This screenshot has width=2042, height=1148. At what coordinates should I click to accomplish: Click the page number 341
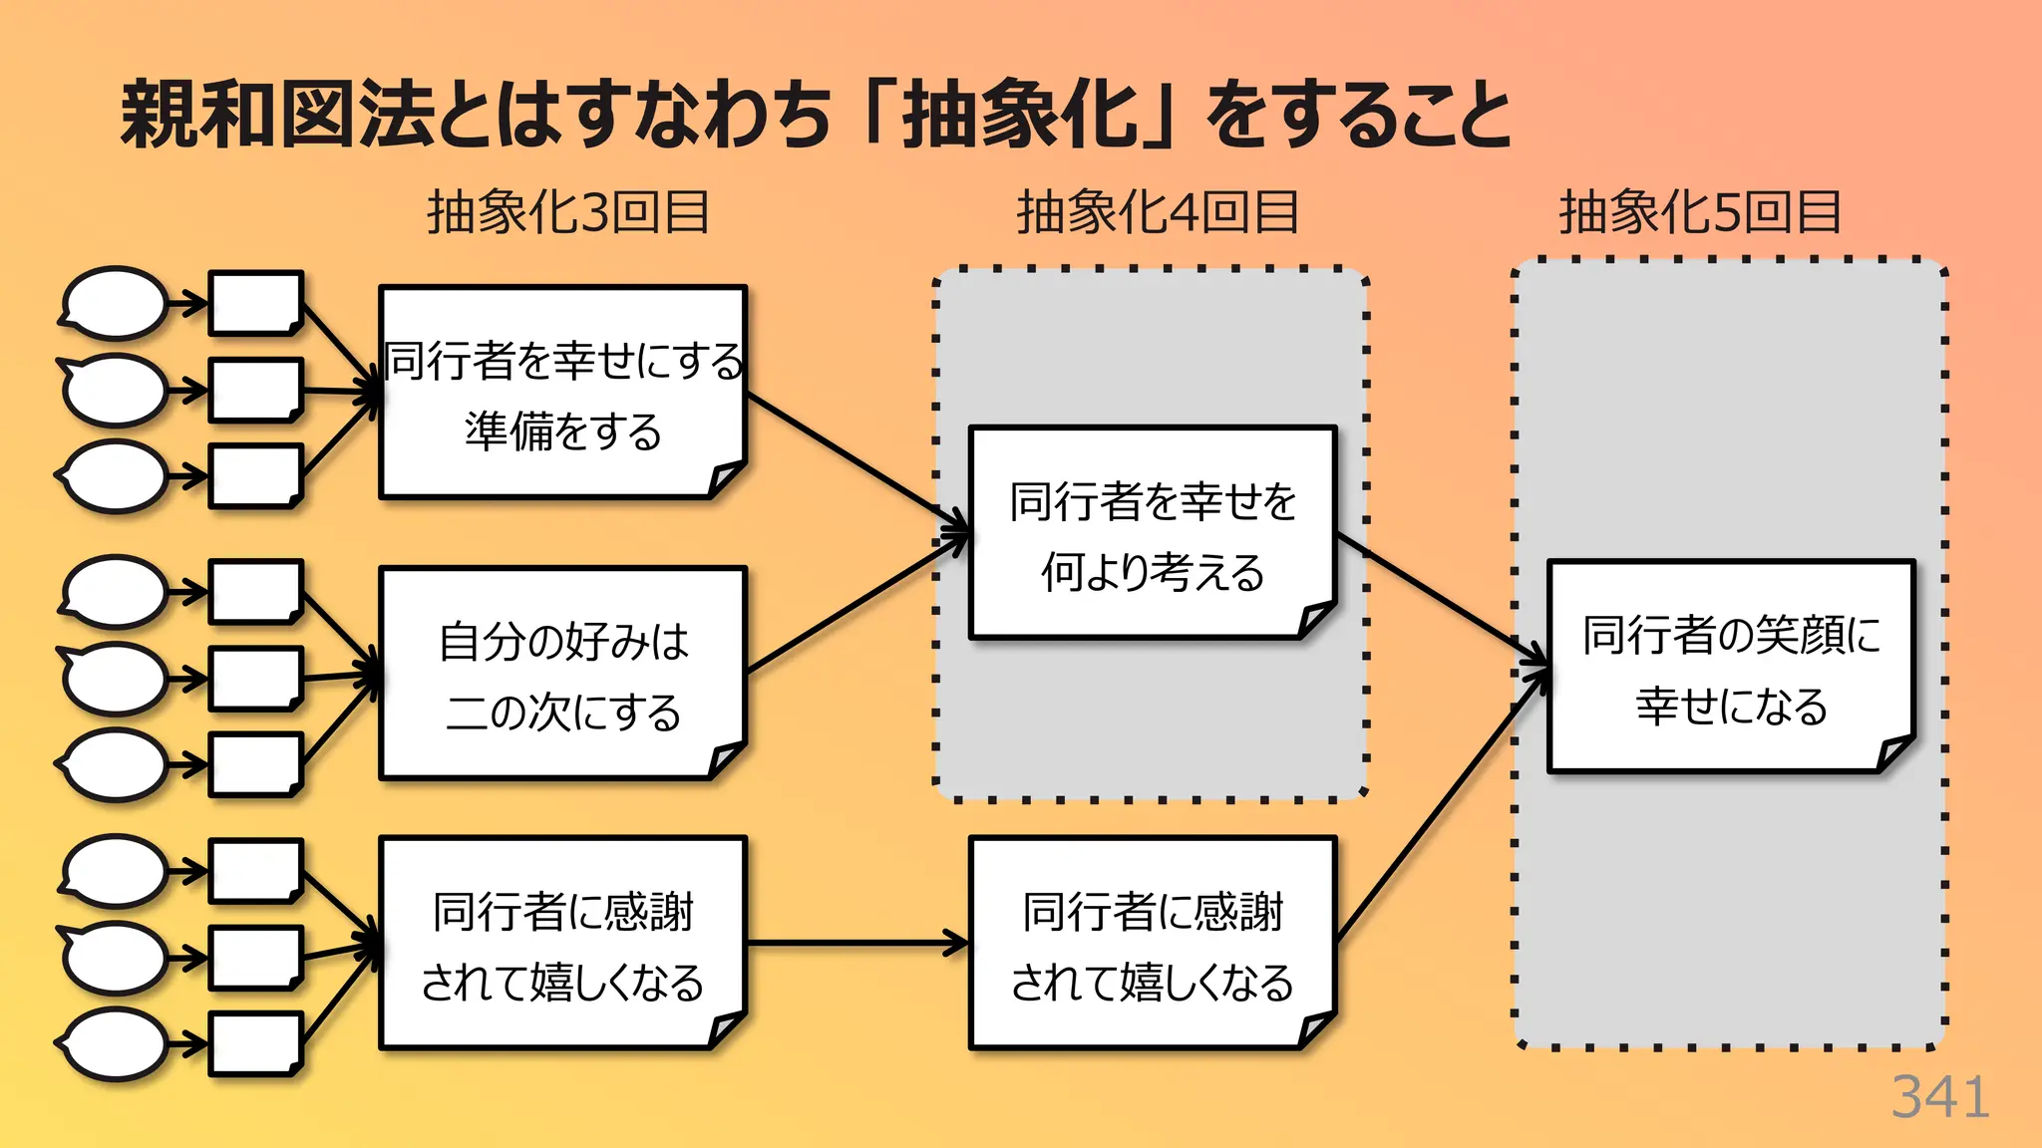pyautogui.click(x=1939, y=1097)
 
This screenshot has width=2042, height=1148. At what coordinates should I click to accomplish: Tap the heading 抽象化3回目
pyautogui.click(x=567, y=212)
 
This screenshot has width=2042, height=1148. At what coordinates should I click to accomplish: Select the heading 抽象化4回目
pyautogui.click(x=1157, y=212)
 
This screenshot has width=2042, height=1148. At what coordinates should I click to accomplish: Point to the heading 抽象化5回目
pyautogui.click(x=1699, y=212)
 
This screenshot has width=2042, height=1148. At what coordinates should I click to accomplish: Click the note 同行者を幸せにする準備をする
pyautogui.click(x=562, y=393)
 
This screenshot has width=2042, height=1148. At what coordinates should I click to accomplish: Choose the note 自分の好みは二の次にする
pyautogui.click(x=562, y=674)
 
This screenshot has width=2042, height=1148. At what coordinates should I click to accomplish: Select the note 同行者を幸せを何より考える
pyautogui.click(x=1152, y=533)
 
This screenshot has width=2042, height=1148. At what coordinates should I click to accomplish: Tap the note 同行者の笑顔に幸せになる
pyautogui.click(x=1730, y=667)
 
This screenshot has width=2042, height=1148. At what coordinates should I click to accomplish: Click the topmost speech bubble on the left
pyautogui.click(x=115, y=303)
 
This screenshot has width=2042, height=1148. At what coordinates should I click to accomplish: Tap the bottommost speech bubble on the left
pyautogui.click(x=115, y=1043)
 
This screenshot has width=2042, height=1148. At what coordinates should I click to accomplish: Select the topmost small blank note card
pyautogui.click(x=255, y=303)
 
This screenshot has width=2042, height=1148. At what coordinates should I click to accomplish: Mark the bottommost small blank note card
pyautogui.click(x=255, y=1043)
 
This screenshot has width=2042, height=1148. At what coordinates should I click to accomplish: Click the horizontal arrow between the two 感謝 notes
pyautogui.click(x=857, y=943)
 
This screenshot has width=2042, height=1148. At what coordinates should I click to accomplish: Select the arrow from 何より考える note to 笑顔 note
pyautogui.click(x=1441, y=598)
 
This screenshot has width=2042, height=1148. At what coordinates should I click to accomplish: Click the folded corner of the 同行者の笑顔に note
pyautogui.click(x=1895, y=752)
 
